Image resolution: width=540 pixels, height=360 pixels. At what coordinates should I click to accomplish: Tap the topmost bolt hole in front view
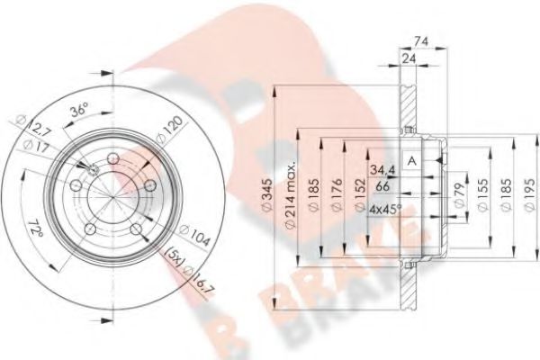[x=113, y=160]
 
